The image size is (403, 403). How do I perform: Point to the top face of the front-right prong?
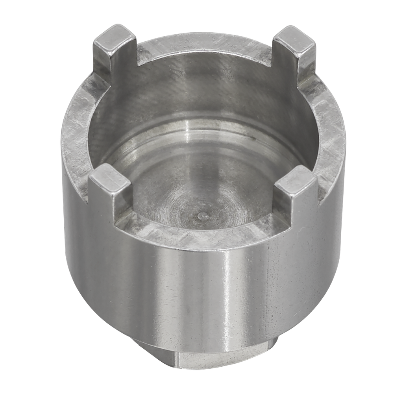click(296, 180)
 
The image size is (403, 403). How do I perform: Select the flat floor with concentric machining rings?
click(197, 185)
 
